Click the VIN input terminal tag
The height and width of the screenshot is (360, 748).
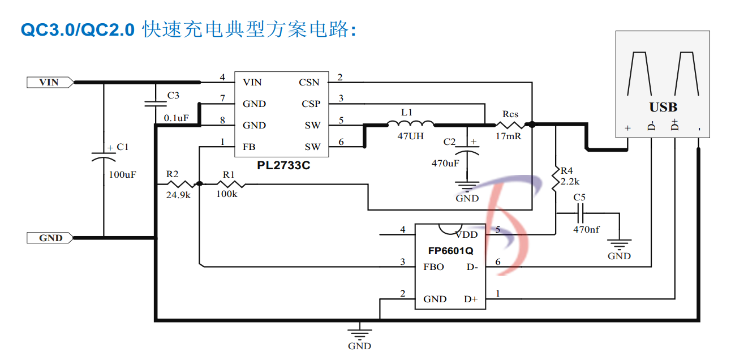50,83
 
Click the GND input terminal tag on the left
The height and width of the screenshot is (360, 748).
50,238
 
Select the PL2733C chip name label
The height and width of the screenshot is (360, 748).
283,166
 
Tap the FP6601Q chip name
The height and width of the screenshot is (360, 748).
450,250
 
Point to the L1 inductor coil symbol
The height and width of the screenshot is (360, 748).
410,124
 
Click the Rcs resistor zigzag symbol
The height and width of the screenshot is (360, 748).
510,125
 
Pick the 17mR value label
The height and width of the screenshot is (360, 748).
509,136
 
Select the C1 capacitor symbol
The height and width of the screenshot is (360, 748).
104,156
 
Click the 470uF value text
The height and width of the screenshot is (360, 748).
445,163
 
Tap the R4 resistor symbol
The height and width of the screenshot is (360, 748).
556,180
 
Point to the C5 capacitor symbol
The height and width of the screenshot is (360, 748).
579,213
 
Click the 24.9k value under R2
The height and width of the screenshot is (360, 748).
177,195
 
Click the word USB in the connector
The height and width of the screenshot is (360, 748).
663,108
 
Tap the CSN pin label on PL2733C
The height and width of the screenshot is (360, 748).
309,83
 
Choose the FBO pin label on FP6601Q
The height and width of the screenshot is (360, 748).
433,267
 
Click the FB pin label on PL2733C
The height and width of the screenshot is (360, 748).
249,147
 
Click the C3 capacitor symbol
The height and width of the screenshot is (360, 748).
155,104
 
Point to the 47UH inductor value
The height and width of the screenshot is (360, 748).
411,136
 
